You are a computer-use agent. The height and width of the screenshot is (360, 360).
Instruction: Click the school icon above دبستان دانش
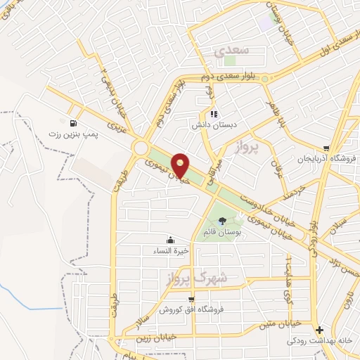214,114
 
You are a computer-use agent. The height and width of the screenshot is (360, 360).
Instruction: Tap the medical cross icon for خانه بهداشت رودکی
320,330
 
